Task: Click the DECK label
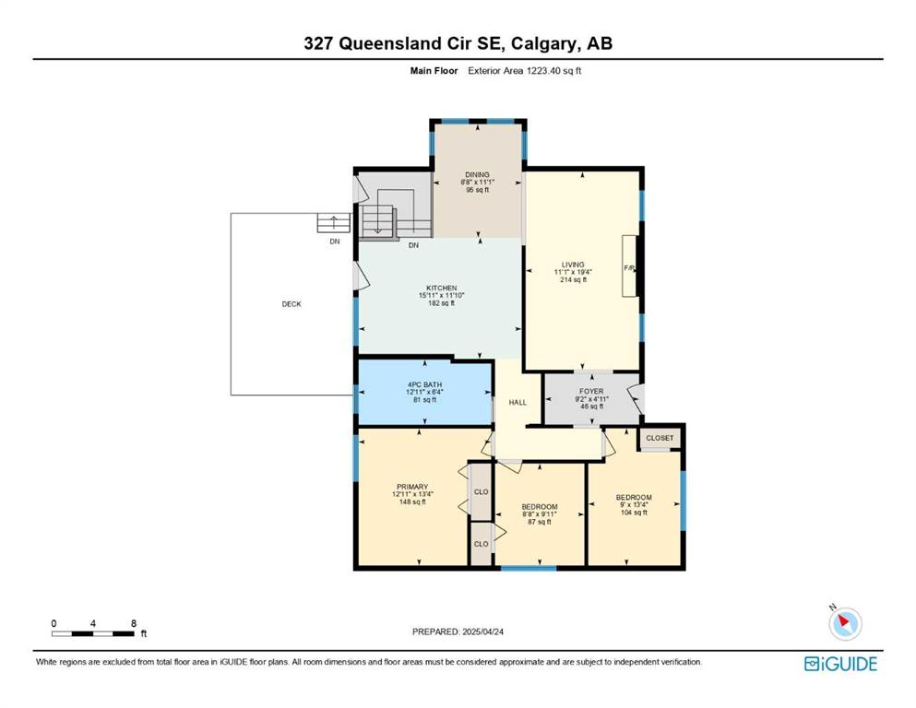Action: click(x=291, y=304)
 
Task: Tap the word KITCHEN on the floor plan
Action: click(x=442, y=289)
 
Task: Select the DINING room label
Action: click(x=477, y=174)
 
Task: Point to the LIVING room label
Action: click(x=573, y=265)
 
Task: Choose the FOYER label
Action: click(x=591, y=392)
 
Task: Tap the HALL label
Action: click(x=517, y=402)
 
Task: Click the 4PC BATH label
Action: click(x=424, y=385)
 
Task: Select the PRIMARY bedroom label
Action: click(x=412, y=487)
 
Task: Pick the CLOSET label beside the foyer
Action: click(x=660, y=438)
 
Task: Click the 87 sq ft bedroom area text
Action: click(x=540, y=522)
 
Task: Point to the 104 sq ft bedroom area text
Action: click(x=634, y=513)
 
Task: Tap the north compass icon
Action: click(x=845, y=623)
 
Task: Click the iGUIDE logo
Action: click(x=840, y=664)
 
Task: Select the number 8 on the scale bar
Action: click(x=134, y=623)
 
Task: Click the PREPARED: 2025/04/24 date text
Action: click(x=458, y=631)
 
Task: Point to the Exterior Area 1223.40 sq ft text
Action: click(x=525, y=71)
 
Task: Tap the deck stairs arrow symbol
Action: click(x=334, y=223)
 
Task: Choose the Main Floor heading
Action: click(x=434, y=71)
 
